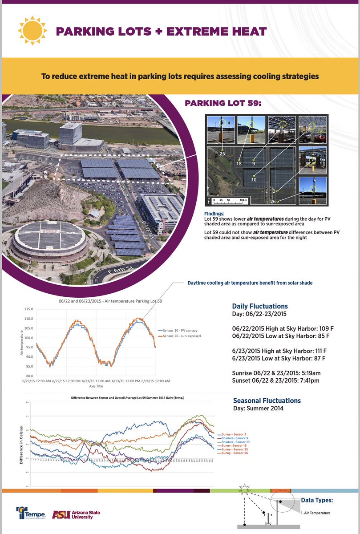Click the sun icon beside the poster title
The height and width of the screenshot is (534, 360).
pos(32,31)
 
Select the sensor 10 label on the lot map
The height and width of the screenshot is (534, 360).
pos(253,179)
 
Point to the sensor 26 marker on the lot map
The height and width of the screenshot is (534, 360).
pos(277,202)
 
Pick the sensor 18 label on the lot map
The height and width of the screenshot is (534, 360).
pos(239,164)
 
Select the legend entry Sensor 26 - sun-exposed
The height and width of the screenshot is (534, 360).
pos(182,336)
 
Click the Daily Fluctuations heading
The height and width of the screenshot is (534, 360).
pos(260,306)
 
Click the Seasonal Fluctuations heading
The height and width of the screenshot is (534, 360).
pos(267,400)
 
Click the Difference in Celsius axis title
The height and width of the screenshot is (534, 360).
pos(20,444)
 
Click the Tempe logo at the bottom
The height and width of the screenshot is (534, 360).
pos(31,513)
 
